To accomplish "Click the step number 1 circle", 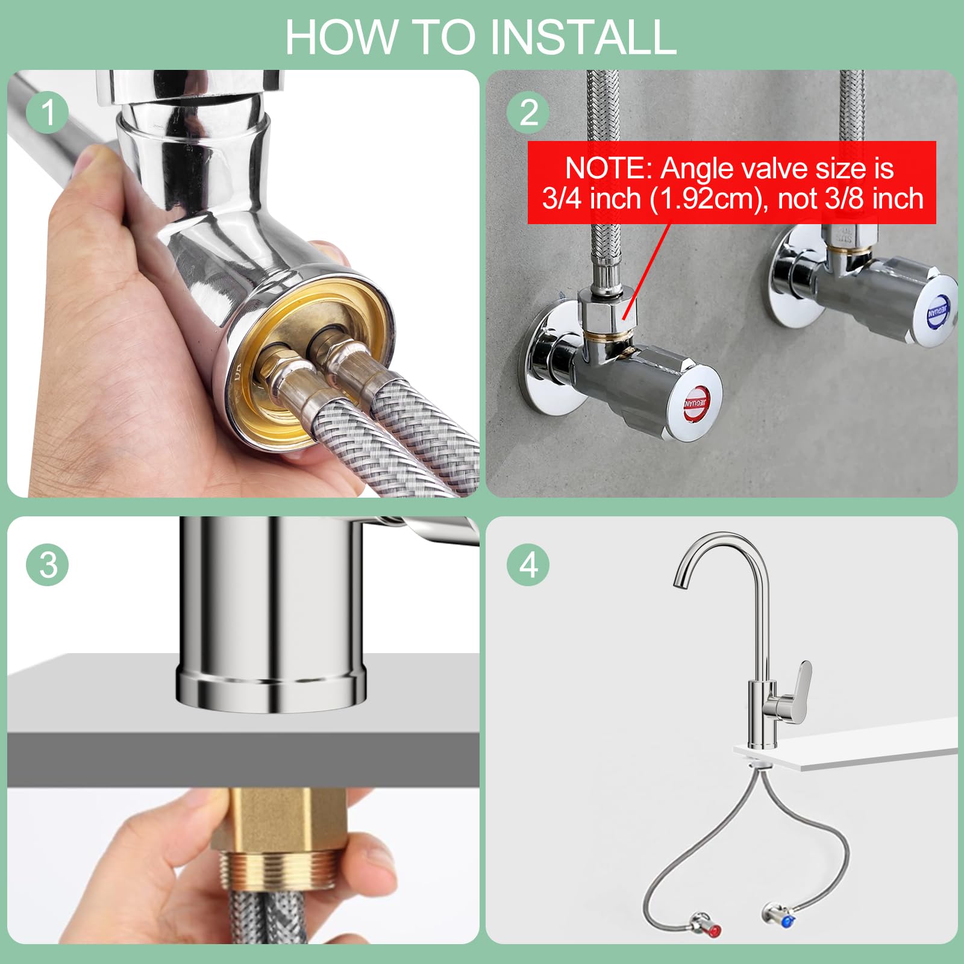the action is point(48,112).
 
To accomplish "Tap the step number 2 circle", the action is point(528,112).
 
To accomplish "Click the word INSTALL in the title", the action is point(583,37).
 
